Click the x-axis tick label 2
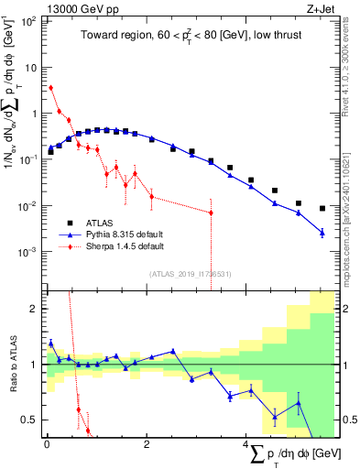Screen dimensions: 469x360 coord(147,444)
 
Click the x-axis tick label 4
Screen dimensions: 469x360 coord(245,444)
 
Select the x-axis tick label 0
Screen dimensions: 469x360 coord(47,444)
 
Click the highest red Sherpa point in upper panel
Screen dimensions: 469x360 coord(50,88)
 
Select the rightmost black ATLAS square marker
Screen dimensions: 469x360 coord(322,208)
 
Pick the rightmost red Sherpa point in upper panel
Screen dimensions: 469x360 coord(212,213)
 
